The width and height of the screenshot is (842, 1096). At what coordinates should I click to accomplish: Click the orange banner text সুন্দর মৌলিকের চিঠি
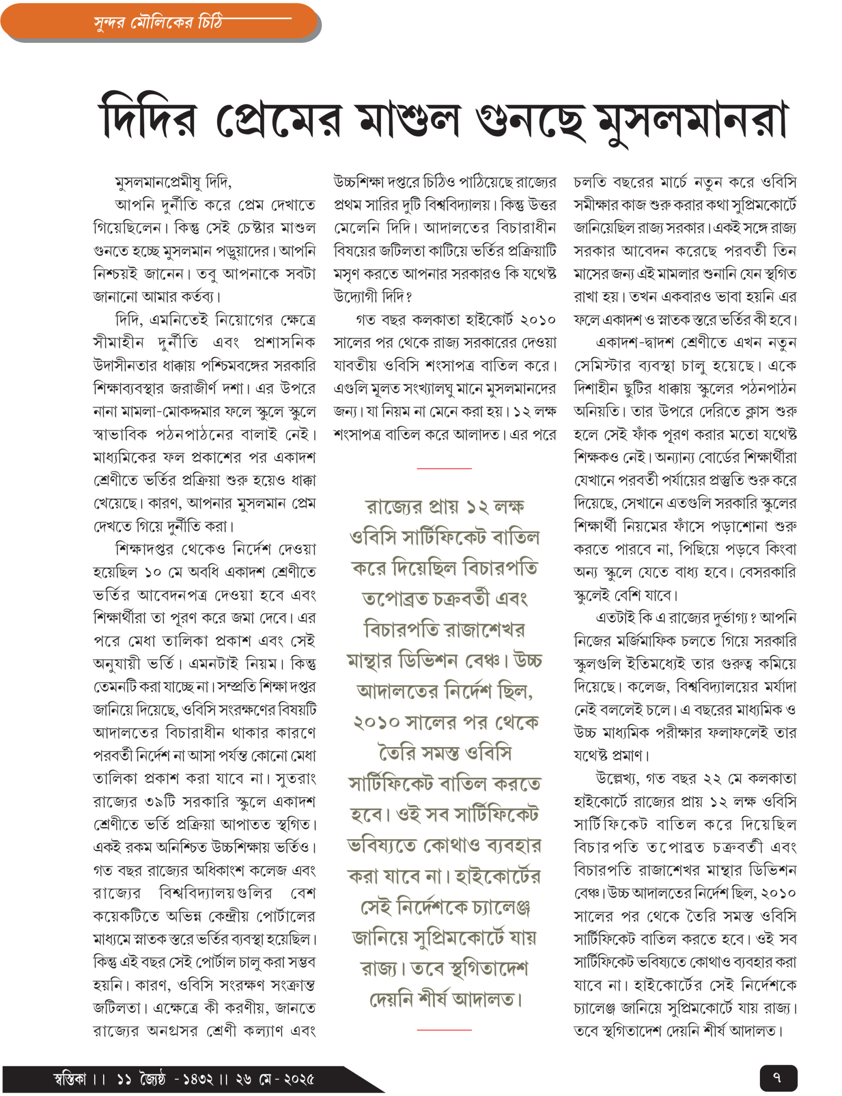coord(158,23)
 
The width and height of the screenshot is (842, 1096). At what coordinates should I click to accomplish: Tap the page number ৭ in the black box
coord(777,1077)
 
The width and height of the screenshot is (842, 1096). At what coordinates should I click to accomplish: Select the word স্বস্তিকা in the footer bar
coord(70,1078)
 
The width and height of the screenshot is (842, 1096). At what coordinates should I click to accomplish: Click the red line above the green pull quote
coord(444,468)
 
